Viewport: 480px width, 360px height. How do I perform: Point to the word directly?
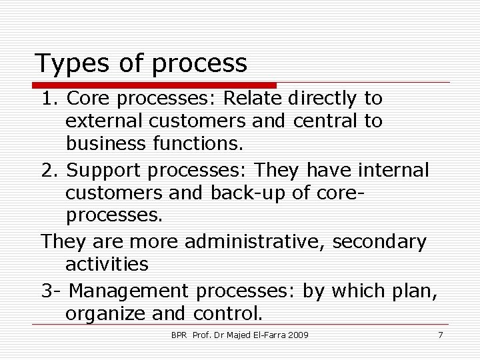323,99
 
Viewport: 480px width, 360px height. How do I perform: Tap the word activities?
107,265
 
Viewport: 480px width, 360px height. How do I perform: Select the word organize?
109,313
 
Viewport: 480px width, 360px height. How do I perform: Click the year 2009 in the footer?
299,334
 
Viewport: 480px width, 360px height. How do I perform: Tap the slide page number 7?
440,334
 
